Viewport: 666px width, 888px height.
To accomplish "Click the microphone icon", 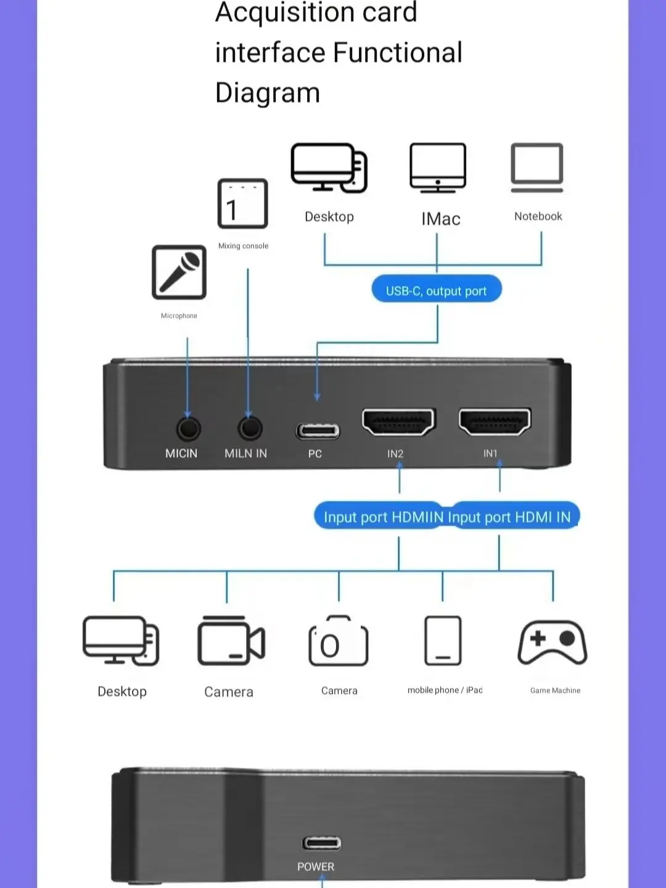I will pos(179,272).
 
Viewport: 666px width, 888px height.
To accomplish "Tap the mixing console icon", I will pos(243,204).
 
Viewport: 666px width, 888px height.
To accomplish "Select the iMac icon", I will pos(438,168).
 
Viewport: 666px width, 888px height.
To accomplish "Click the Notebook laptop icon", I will pos(537,167).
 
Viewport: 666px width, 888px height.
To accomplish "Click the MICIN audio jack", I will pos(188,428).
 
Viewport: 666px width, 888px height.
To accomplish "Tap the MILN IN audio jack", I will pos(250,428).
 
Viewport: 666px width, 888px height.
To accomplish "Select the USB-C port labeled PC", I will pos(317,430).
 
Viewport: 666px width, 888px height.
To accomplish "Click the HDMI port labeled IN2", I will pos(399,422).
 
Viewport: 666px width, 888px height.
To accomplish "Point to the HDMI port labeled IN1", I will pos(495,422).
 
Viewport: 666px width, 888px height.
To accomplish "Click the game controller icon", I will pos(553,643).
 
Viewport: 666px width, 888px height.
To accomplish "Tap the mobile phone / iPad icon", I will pos(443,641).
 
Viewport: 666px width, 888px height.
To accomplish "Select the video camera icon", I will pos(231,641).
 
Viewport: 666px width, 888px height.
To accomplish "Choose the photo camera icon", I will pos(338,641).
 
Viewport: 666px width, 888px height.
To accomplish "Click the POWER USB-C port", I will pos(321,842).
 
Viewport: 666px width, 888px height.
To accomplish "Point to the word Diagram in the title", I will pos(268,93).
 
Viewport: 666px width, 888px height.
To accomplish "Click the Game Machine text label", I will pos(555,691).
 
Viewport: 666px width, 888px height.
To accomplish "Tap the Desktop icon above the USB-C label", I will pos(329,168).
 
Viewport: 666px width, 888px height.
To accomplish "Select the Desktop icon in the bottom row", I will pos(121,641).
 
